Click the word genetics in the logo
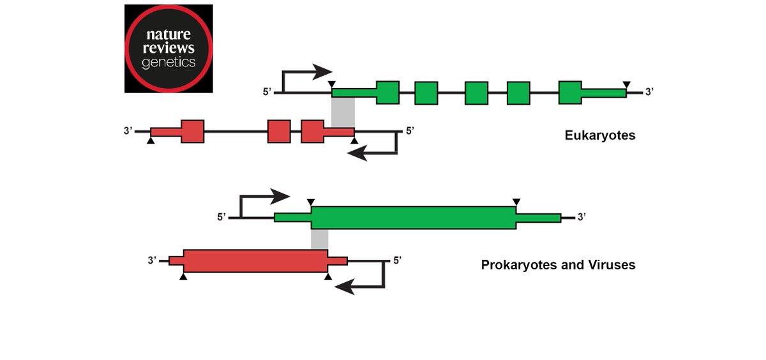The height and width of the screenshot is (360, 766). (x=169, y=63)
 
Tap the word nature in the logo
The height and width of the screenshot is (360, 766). (x=169, y=34)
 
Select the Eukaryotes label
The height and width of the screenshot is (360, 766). (x=599, y=135)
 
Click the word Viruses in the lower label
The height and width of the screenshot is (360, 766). (x=612, y=264)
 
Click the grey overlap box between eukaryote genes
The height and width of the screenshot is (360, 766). (x=343, y=112)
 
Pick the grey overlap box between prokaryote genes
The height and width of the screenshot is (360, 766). (x=319, y=239)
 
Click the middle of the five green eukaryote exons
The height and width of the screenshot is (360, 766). (x=476, y=93)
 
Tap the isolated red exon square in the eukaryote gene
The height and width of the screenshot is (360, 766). (x=279, y=131)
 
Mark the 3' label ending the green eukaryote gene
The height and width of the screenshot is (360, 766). (x=649, y=92)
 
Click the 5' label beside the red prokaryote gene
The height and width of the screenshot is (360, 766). (x=397, y=260)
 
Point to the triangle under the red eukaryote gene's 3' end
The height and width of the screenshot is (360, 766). (x=151, y=140)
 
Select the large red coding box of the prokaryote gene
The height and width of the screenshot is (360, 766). (x=255, y=260)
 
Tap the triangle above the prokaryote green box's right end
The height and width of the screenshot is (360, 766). (x=516, y=202)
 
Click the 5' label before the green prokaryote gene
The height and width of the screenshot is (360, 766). (x=222, y=217)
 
